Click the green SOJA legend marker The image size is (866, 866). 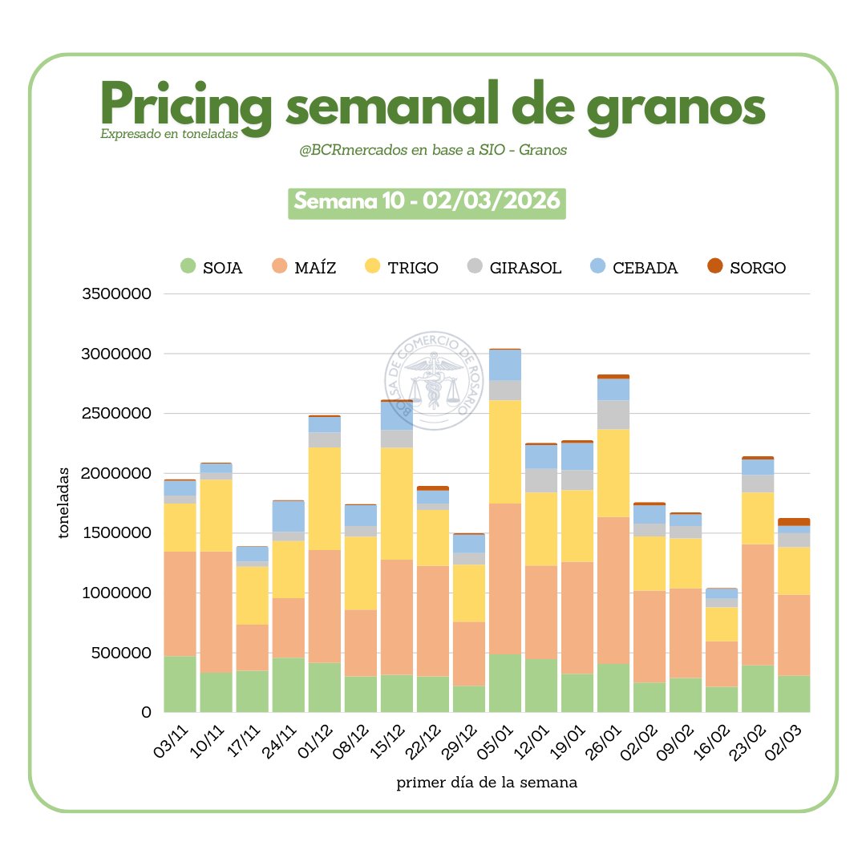[188, 266]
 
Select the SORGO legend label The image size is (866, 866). [758, 268]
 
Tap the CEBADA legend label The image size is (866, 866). [645, 268]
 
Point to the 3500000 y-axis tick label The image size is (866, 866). [117, 293]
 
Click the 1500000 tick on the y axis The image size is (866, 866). [117, 533]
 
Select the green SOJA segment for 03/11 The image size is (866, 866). [180, 683]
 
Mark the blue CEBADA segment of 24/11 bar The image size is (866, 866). [288, 516]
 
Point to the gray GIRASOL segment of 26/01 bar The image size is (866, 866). [613, 414]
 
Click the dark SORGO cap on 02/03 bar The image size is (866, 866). [794, 521]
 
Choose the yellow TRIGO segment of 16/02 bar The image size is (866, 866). [722, 623]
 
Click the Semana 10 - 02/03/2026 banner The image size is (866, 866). [427, 202]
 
